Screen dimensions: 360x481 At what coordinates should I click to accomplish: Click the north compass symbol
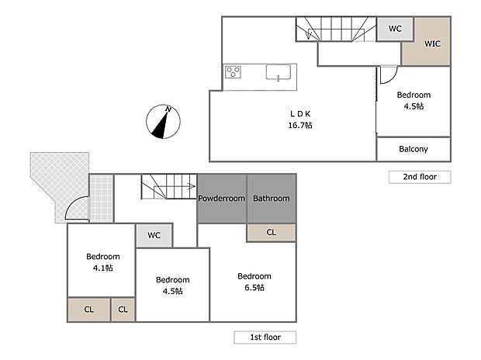(162, 123)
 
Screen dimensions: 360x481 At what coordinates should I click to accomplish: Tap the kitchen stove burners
(234, 73)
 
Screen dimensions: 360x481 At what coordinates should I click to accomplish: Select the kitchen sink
(278, 73)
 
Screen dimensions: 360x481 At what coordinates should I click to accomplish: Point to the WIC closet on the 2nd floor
(431, 43)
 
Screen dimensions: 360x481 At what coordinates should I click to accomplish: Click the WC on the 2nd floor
(395, 29)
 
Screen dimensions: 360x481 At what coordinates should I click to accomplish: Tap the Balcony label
(413, 148)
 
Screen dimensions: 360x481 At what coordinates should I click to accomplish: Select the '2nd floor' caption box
(419, 177)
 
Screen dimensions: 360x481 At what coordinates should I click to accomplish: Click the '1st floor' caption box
(265, 337)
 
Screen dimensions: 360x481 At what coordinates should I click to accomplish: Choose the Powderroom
(221, 199)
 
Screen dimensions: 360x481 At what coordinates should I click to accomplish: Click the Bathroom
(271, 199)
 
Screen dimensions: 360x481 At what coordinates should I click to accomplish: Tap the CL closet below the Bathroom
(271, 232)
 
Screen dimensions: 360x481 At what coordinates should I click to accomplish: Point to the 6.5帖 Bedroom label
(254, 282)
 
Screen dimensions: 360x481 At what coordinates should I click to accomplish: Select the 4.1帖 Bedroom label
(102, 262)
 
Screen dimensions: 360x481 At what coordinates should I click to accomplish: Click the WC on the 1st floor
(154, 236)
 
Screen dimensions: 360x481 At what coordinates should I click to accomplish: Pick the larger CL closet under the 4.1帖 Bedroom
(88, 310)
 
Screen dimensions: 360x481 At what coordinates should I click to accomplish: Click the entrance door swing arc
(73, 208)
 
